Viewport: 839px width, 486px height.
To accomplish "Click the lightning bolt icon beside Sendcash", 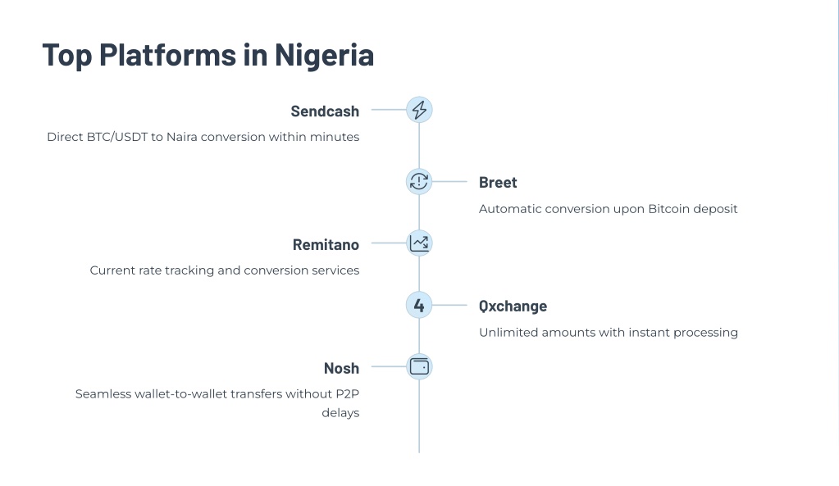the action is pos(419,110).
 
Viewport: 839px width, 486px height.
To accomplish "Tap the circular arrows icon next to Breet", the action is pos(419,182).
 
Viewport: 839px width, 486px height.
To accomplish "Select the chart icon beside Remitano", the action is pos(419,243).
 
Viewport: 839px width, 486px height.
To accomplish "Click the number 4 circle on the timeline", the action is pos(419,306).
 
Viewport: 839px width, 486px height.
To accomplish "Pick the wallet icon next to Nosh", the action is pos(419,367).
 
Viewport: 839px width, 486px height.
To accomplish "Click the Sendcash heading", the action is pos(325,111).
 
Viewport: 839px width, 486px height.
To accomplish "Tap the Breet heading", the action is pos(498,183).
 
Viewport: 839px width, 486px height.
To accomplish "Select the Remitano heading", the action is pos(326,245).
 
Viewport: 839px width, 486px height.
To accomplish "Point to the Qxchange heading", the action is pos(513,307).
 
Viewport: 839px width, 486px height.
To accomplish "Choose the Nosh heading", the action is pos(341,368).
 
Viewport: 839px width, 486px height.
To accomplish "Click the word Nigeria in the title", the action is pos(324,55).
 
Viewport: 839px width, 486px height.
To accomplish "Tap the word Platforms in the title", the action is pos(167,55).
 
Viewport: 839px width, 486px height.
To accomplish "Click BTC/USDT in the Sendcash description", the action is pos(116,137).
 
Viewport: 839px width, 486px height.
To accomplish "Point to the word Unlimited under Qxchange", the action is pos(508,333).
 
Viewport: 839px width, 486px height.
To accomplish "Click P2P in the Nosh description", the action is pos(347,394).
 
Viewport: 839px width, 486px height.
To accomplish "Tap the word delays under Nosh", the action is pos(340,413).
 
